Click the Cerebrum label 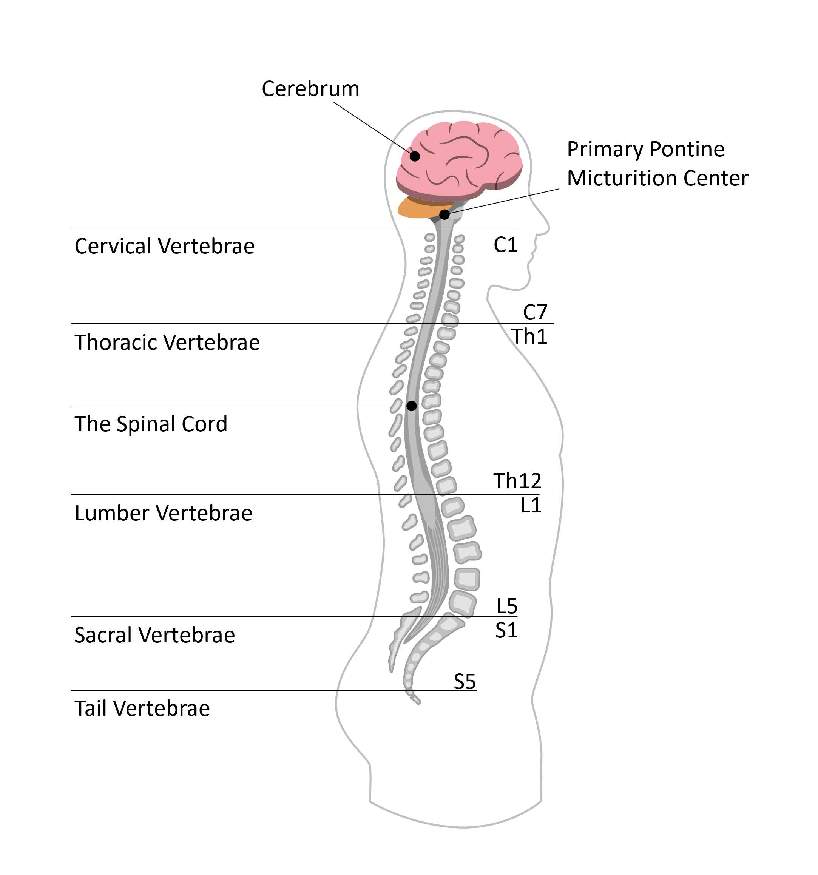(x=310, y=89)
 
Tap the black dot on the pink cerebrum (x=415, y=156)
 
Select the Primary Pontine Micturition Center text (x=657, y=164)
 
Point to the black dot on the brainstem (x=444, y=215)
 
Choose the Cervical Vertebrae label (x=164, y=246)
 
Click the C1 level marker (x=505, y=245)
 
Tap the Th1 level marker (x=529, y=337)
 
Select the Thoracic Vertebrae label (x=167, y=343)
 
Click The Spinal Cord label (x=151, y=424)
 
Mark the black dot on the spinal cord (x=411, y=406)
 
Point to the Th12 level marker (x=517, y=481)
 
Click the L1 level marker (x=531, y=505)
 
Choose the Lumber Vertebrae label (x=164, y=513)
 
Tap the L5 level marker (x=507, y=606)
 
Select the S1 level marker (x=506, y=630)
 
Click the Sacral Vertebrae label (x=154, y=635)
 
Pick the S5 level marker (x=465, y=682)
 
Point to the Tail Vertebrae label (x=142, y=708)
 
